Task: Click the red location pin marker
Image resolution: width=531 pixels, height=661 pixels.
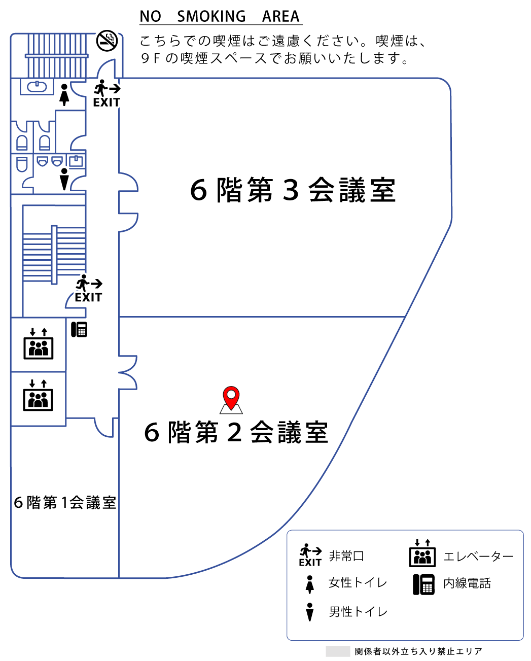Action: (231, 396)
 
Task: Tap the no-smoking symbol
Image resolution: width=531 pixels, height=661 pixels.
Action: (107, 40)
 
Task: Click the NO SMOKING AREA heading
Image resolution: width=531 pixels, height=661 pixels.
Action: (220, 16)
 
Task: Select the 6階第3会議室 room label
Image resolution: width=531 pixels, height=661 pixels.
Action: (293, 190)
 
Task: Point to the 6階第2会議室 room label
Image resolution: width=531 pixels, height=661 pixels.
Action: (236, 432)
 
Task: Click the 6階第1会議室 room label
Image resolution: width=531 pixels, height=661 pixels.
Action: (65, 502)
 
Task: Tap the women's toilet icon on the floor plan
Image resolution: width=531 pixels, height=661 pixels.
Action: (64, 95)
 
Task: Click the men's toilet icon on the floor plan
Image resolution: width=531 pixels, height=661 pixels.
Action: (64, 179)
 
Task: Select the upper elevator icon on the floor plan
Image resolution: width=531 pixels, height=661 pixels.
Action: (39, 344)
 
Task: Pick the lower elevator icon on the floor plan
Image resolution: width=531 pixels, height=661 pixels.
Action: (39, 396)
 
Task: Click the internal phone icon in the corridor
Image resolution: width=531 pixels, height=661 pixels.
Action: (79, 329)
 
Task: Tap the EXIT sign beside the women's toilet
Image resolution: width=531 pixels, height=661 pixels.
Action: (107, 94)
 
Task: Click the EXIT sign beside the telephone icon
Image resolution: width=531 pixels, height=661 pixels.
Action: (89, 290)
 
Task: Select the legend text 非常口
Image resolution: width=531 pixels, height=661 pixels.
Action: (346, 556)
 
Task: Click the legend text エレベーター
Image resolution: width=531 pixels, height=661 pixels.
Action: (478, 556)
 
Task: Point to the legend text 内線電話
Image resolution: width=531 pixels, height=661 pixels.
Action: (467, 583)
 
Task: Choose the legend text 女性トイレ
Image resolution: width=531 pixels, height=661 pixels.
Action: (358, 583)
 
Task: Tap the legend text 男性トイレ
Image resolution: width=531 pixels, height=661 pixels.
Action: (358, 612)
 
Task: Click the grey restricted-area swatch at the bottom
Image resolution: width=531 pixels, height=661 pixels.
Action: (338, 651)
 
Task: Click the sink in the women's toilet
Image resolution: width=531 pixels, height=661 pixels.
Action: (37, 87)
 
